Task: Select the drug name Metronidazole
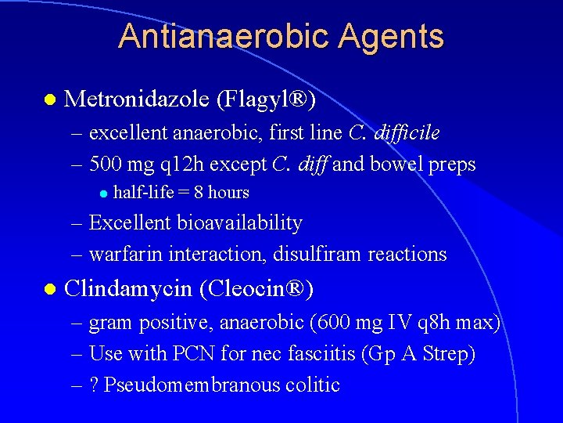[136, 99]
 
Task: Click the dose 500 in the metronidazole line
[105, 164]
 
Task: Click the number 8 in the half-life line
[199, 193]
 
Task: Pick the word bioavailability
[240, 223]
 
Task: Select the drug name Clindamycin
[128, 289]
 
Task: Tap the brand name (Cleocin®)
[256, 289]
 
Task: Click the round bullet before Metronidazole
[50, 99]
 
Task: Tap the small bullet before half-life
[102, 193]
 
